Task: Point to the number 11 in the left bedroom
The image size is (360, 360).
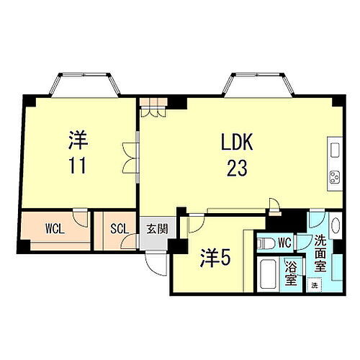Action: tap(79, 166)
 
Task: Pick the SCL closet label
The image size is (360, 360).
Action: tap(119, 230)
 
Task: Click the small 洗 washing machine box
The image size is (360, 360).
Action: tap(314, 285)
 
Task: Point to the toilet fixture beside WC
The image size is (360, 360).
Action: tap(264, 241)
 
